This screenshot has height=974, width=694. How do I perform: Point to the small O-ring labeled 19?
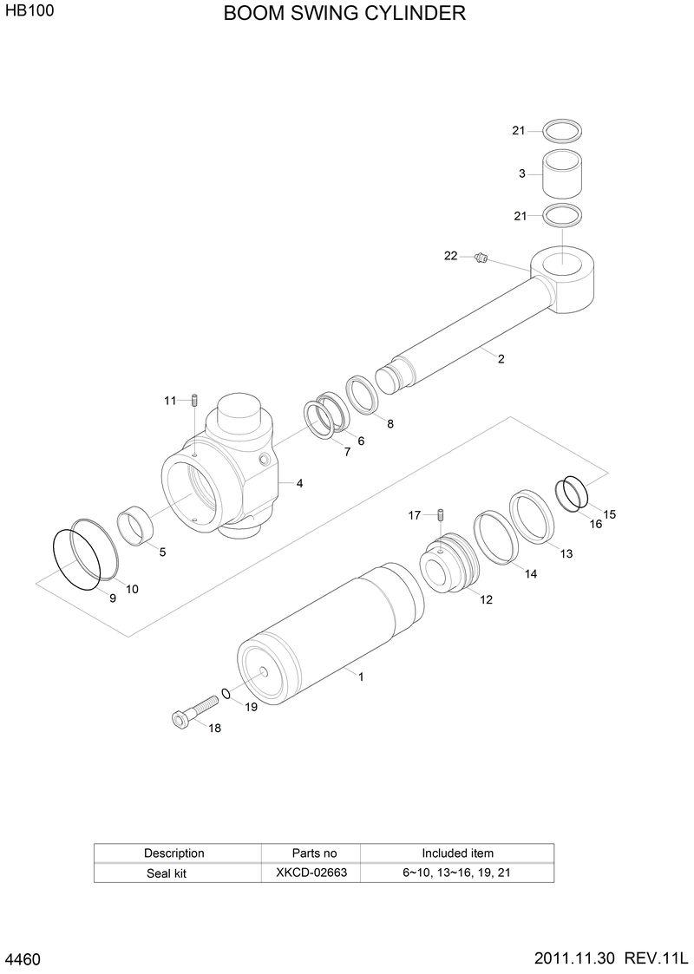pos(226,693)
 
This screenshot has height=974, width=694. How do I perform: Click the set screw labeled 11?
pos(197,401)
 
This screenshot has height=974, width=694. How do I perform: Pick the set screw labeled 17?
pos(441,517)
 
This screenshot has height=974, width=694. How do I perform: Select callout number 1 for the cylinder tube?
pos(361,677)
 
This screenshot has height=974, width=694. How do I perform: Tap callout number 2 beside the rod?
pos(501,358)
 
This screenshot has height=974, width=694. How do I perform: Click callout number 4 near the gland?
pos(299,483)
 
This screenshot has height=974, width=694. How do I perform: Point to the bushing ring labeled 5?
pos(138,526)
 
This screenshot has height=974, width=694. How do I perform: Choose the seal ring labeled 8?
pos(362,395)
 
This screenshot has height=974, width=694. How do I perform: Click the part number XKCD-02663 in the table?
pos(311,873)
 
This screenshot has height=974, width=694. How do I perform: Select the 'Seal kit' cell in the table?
pos(167,873)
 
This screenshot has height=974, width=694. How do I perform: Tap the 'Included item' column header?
pos(457,853)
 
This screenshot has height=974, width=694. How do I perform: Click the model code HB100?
pos(23,14)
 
